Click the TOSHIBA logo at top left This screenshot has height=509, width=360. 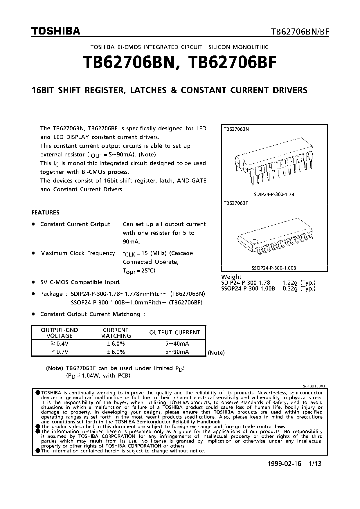click(56, 31)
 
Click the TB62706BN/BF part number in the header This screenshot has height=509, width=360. click(300, 32)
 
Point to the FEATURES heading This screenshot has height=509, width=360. click(45, 212)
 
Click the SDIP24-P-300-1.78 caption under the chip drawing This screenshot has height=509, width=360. click(274, 194)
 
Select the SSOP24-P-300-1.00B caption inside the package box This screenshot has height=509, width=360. click(274, 268)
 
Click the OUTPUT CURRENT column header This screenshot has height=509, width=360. click(174, 333)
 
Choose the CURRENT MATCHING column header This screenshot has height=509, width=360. click(116, 333)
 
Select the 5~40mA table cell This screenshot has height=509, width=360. click(177, 344)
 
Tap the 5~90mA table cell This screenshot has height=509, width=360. click(177, 352)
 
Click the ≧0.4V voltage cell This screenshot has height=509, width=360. click(59, 344)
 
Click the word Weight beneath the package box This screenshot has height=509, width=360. click(231, 277)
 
